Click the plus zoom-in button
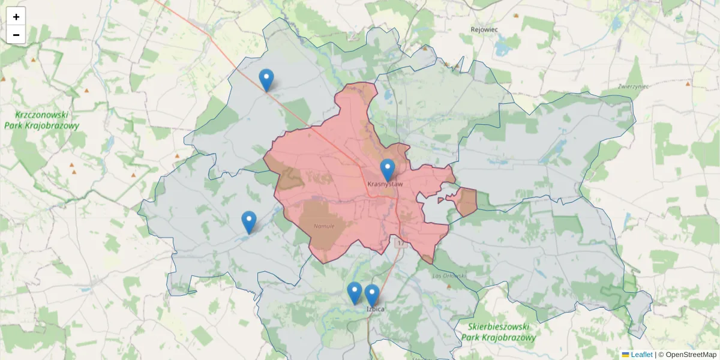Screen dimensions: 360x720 (16, 16)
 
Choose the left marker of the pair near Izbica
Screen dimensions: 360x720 (355, 292)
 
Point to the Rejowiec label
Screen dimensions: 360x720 (484, 29)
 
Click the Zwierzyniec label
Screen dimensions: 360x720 (634, 86)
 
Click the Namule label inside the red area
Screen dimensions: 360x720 (323, 226)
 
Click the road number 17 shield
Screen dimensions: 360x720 (400, 244)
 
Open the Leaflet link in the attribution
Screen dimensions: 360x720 (641, 355)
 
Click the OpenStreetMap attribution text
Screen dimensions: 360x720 (691, 355)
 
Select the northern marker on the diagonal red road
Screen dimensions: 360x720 (266, 79)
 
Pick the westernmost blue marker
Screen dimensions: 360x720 (249, 221)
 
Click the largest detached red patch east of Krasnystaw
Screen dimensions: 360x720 (466, 202)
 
